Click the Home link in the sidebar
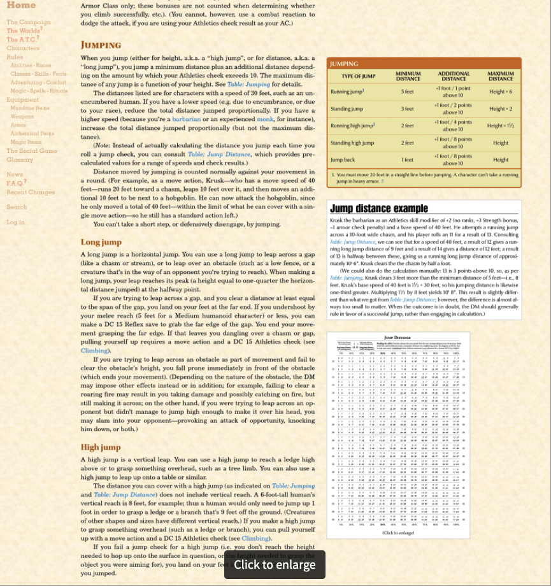tap(21, 6)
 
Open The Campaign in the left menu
tap(29, 22)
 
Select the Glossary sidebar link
tap(20, 160)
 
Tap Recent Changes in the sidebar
tap(31, 192)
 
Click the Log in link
tap(15, 222)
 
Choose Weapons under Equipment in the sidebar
tap(22, 117)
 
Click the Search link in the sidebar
tap(17, 207)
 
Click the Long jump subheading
tap(101, 242)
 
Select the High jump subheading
tap(101, 429)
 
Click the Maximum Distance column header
tap(501, 76)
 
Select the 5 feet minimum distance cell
tap(408, 92)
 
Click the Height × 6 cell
tap(501, 92)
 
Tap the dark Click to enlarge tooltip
tap(275, 564)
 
